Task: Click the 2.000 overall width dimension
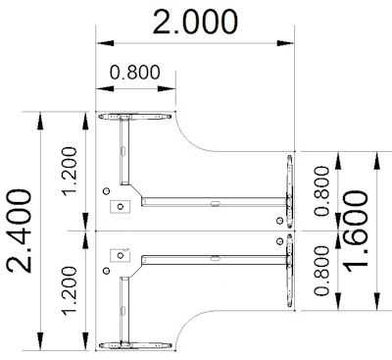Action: tap(195, 23)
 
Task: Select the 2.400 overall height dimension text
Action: tap(20, 231)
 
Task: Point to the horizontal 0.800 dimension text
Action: tap(135, 73)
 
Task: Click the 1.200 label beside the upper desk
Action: tap(70, 172)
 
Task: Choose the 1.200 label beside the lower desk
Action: tap(70, 291)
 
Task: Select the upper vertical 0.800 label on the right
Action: tap(321, 191)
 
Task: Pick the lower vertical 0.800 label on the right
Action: tap(321, 271)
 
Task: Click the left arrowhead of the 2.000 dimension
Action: tap(105, 43)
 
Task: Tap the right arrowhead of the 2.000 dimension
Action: tap(285, 43)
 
